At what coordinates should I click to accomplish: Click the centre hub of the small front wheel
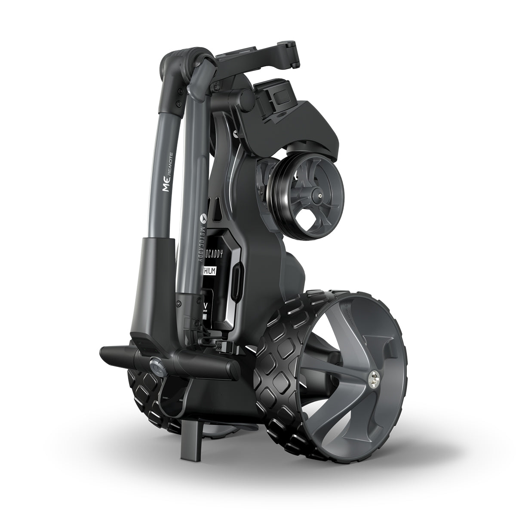pos(319,195)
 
